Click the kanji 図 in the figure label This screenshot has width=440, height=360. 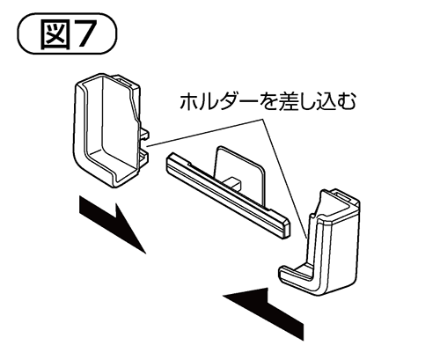pyautogui.click(x=55, y=33)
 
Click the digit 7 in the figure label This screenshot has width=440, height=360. pyautogui.click(x=84, y=34)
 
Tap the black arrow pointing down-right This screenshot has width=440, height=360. pyautogui.click(x=112, y=224)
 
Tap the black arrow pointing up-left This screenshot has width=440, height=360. pyautogui.click(x=264, y=312)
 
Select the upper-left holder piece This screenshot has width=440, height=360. pyautogui.click(x=112, y=130)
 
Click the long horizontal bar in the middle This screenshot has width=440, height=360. pyautogui.click(x=227, y=196)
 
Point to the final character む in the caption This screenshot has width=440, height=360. pyautogui.click(x=346, y=102)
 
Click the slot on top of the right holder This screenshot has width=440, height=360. pyautogui.click(x=343, y=196)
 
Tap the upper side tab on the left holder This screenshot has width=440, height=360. pyautogui.click(x=144, y=133)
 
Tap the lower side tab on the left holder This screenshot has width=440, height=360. pyautogui.click(x=143, y=156)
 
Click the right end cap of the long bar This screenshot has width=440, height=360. pyautogui.click(x=283, y=227)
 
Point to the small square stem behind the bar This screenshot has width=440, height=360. pyautogui.click(x=234, y=183)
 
